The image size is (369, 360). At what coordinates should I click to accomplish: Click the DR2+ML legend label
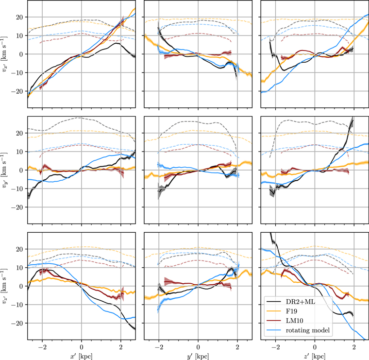coord(301,302)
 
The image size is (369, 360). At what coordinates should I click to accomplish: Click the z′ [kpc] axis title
coord(315,355)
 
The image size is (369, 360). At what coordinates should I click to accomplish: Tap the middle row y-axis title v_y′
coord(6,170)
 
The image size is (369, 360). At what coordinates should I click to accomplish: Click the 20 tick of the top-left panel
coord(19,17)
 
